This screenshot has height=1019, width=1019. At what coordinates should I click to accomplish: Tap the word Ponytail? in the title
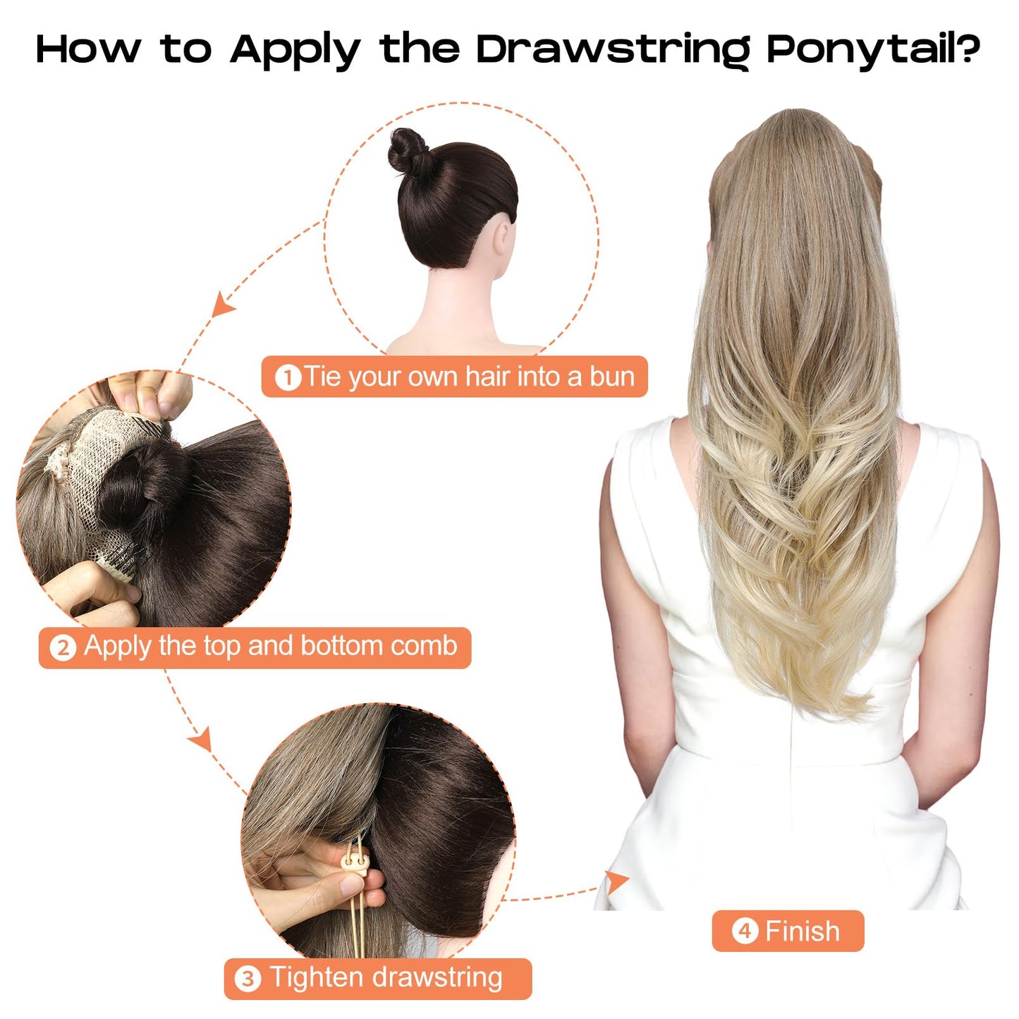tap(872, 51)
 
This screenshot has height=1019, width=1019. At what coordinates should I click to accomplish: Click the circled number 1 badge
tap(288, 378)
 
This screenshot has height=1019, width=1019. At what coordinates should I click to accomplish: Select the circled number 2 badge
tap(63, 647)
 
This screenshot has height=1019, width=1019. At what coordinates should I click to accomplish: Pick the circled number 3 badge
tap(247, 980)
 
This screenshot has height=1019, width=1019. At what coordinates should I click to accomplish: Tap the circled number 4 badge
tap(744, 932)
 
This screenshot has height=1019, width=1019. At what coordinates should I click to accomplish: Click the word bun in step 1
tap(611, 377)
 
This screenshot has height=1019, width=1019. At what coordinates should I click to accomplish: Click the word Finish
tap(803, 932)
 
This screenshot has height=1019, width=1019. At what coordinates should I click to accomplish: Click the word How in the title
tap(87, 51)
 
